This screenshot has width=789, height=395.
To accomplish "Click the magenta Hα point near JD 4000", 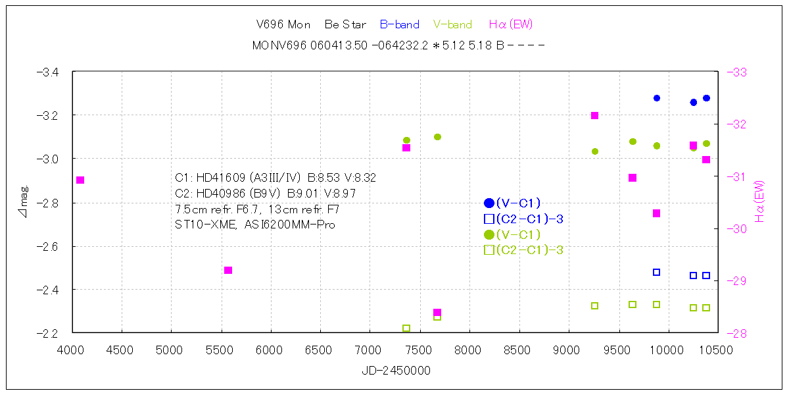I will (x=80, y=180).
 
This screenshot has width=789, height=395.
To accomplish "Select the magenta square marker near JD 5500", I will (x=228, y=270).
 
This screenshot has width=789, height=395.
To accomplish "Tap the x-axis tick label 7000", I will (x=369, y=350).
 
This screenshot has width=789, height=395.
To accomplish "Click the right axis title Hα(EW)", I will (x=760, y=201).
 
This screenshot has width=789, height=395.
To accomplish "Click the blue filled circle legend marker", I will (x=489, y=203).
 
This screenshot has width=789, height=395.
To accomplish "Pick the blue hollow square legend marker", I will (x=489, y=219).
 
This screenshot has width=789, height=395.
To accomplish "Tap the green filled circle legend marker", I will (x=489, y=234).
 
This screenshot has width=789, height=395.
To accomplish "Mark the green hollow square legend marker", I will (x=489, y=250).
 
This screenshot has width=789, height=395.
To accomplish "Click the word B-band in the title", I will (x=400, y=25).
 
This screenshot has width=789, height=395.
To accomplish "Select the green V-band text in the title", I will (x=452, y=25).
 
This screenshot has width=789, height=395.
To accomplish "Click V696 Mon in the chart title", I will (x=283, y=25).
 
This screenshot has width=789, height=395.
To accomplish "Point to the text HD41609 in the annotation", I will (x=220, y=178).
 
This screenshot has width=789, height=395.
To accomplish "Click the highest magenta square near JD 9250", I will (x=594, y=115).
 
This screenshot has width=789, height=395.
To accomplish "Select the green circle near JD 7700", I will (x=437, y=137).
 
